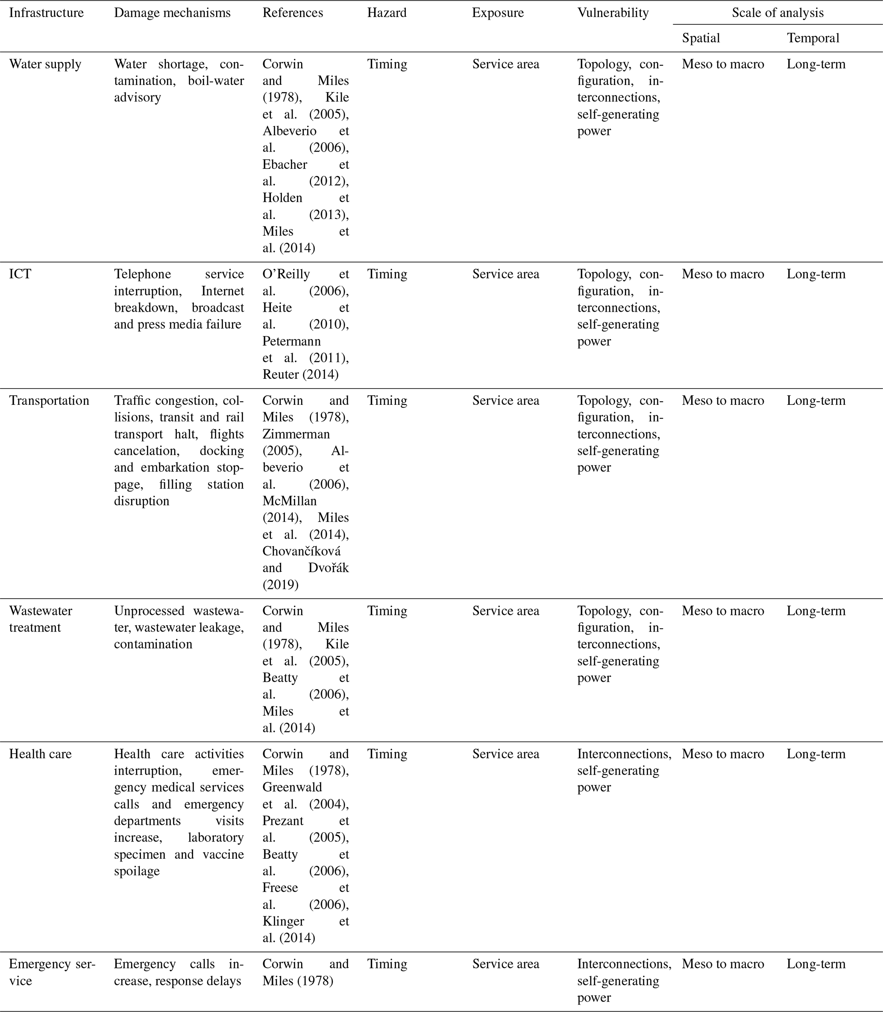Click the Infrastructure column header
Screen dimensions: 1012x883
point(46,13)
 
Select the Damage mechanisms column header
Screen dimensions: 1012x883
point(172,13)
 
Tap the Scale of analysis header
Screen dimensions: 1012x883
point(777,13)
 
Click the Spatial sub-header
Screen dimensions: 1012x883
point(700,38)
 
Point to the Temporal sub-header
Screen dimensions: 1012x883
point(813,38)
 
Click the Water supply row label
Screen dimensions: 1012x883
point(45,64)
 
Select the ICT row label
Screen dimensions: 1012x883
point(20,274)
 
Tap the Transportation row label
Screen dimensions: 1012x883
point(49,401)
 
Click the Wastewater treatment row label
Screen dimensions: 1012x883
point(41,619)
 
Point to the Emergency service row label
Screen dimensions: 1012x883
point(52,972)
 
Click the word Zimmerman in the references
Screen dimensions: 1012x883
point(296,434)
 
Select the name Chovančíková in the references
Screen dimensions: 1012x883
point(301,551)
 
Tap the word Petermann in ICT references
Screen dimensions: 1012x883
point(291,341)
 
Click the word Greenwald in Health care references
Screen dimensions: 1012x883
point(292,787)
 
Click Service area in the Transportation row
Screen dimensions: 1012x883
point(505,401)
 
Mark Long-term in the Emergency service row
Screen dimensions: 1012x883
point(816,964)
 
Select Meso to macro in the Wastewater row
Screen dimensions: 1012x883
point(722,611)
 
